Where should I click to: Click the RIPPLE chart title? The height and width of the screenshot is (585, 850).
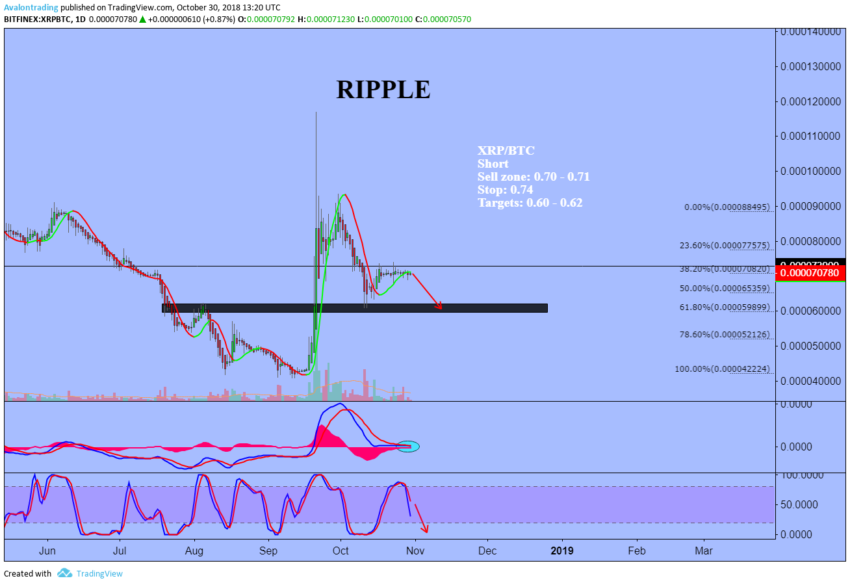point(383,90)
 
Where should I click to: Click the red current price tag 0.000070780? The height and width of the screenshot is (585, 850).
point(812,273)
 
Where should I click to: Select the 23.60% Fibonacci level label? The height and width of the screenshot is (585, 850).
point(724,246)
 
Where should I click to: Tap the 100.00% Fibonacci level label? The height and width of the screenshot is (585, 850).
point(722,369)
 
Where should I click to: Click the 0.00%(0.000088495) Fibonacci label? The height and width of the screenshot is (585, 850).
point(727,207)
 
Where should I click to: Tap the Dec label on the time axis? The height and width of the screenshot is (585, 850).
point(487,551)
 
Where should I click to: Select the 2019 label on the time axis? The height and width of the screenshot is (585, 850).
point(562,551)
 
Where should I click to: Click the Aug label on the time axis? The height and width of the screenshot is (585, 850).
point(194,551)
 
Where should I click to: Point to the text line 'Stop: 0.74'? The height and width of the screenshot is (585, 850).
point(505,190)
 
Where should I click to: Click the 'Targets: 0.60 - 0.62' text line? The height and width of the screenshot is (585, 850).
point(530,203)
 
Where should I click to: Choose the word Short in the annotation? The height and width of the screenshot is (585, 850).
point(493,164)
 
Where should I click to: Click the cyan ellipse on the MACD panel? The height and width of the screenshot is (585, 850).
point(408,447)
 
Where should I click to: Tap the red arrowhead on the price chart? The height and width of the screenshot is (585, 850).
point(439,305)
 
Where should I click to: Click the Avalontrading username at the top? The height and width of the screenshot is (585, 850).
point(31,8)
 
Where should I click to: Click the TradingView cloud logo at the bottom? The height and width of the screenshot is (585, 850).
point(64,573)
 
